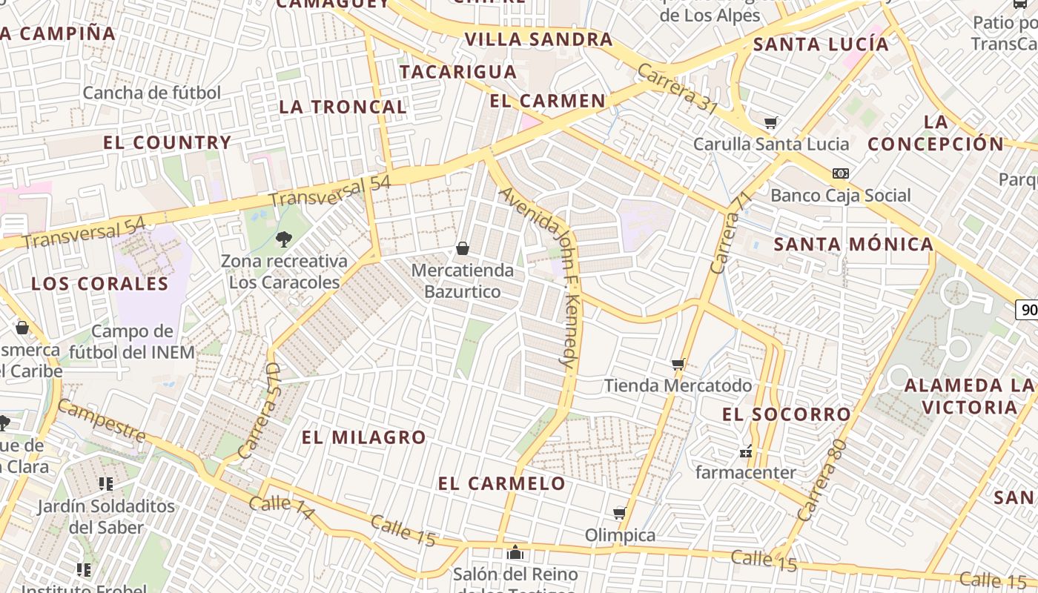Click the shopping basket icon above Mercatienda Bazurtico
tap(463, 248)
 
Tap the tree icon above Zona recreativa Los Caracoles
tap(283, 239)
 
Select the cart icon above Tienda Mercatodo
tap(678, 364)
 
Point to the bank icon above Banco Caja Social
tap(840, 173)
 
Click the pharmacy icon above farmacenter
tap(746, 451)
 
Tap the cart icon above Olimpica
tap(620, 513)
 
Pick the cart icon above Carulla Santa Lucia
tap(771, 122)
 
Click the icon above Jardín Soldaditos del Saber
tap(106, 484)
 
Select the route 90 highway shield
tap(1028, 310)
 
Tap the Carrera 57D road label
tap(259, 411)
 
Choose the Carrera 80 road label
tap(822, 480)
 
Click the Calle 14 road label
tap(282, 508)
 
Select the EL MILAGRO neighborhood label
tap(363, 437)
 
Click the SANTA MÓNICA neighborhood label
tap(853, 244)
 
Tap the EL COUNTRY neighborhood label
tap(168, 142)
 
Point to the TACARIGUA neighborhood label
tap(458, 72)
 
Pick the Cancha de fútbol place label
tap(152, 93)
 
